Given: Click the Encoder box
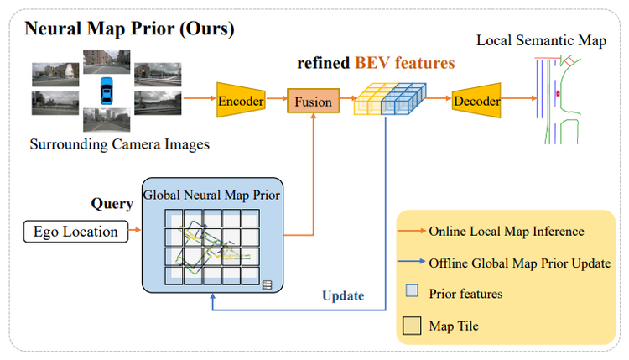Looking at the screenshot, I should (x=241, y=102).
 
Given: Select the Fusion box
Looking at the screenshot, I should (x=313, y=102).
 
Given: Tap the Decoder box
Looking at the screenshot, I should (x=476, y=102).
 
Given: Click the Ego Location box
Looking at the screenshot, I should (x=75, y=231).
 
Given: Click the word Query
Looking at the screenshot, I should (x=112, y=204).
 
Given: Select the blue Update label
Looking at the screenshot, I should (x=343, y=295).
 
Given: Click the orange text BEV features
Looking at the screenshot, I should (x=404, y=62).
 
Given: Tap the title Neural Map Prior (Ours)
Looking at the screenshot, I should (x=129, y=29).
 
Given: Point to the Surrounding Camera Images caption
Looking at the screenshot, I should (x=120, y=144).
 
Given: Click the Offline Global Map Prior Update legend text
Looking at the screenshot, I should (x=519, y=263).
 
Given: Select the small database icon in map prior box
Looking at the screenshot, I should (x=267, y=284).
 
